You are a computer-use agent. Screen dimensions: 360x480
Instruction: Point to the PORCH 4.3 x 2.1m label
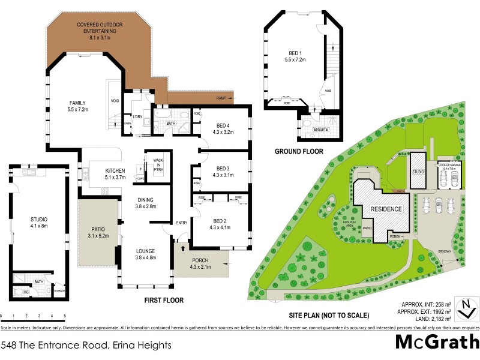(200, 263)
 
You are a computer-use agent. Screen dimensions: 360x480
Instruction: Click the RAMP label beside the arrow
(221, 98)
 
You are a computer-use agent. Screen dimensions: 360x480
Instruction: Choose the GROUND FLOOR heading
(299, 152)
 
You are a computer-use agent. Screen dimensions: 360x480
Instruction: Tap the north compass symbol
(465, 308)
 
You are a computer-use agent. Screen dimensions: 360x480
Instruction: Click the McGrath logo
(437, 342)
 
